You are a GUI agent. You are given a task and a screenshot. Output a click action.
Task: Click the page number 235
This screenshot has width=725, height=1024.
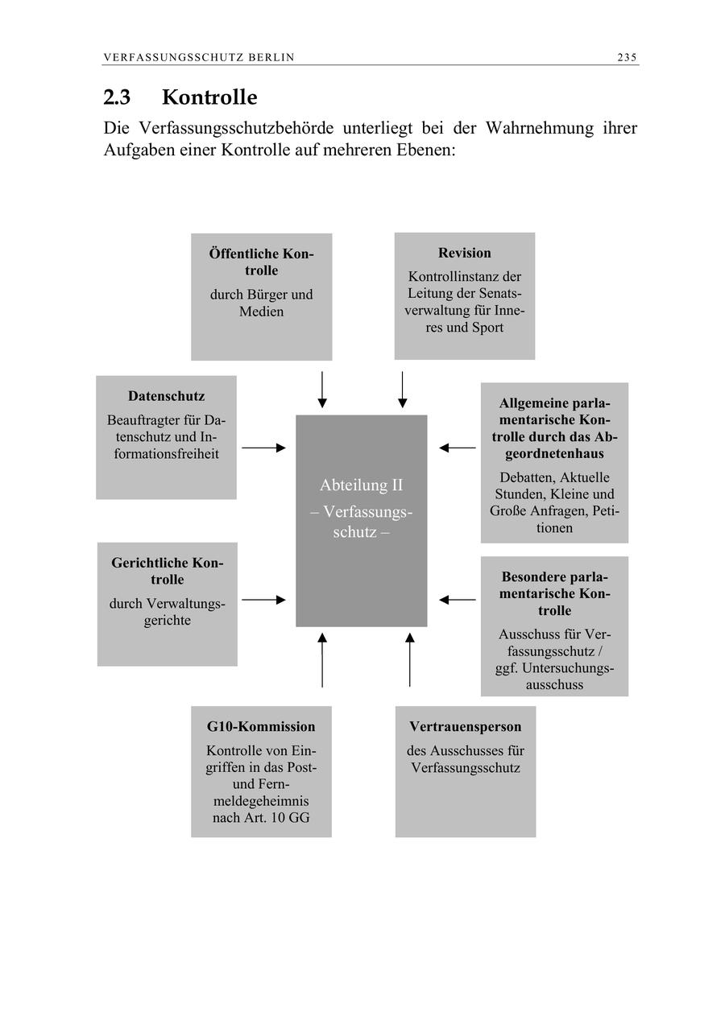point(627,57)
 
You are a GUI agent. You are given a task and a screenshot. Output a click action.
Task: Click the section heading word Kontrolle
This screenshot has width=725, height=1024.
point(209,97)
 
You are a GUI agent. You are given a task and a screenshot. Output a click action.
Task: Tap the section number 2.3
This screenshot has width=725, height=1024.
point(119,97)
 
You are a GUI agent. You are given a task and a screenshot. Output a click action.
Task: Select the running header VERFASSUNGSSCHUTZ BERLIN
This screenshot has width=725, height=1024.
point(199,57)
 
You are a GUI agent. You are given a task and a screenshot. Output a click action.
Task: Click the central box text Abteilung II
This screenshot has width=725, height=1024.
point(361,485)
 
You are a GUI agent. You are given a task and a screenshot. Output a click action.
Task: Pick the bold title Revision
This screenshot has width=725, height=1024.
point(464,253)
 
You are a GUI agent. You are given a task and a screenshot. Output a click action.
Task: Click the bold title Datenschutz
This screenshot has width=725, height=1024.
point(166,396)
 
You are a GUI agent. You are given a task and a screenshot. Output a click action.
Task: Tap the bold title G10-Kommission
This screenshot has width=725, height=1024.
point(261,727)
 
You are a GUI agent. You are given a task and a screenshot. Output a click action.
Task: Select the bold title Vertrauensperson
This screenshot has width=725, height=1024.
point(465,727)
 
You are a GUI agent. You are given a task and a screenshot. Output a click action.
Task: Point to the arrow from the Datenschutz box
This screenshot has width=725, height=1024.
point(263,448)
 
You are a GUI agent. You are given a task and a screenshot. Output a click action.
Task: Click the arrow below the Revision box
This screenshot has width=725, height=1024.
point(402,390)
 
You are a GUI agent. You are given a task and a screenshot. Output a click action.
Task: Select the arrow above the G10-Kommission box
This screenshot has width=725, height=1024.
point(322,660)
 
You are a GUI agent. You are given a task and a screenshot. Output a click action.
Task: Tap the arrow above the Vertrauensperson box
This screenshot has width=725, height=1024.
point(409,660)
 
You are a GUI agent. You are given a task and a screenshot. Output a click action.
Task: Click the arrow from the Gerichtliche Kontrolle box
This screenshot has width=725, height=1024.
point(263,600)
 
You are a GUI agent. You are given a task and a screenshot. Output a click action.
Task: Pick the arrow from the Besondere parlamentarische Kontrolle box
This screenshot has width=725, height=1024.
point(458,600)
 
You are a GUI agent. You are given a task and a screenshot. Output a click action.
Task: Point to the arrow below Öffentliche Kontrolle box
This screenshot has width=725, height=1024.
point(322,390)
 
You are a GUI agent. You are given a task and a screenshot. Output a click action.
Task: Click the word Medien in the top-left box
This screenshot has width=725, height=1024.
point(261,312)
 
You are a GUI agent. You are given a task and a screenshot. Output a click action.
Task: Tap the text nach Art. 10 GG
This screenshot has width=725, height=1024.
point(261,819)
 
